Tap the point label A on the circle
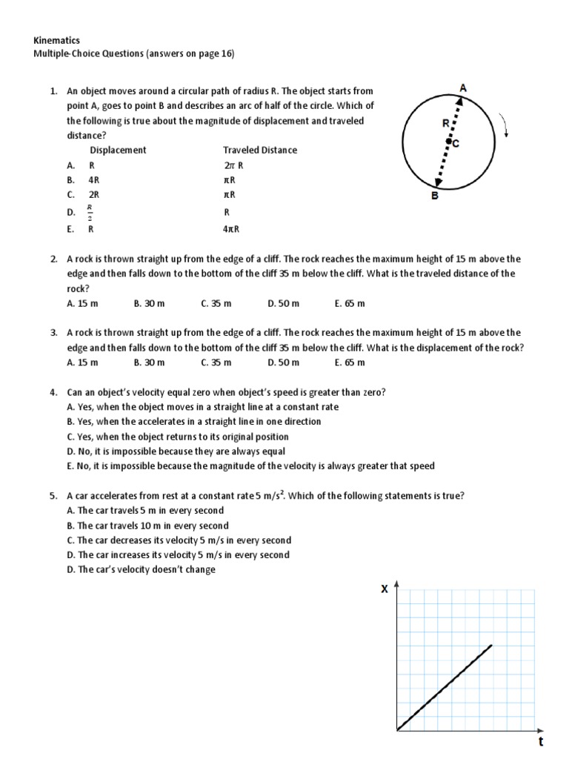pyautogui.click(x=463, y=88)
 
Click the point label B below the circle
pyautogui.click(x=435, y=196)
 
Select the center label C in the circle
pyautogui.click(x=456, y=145)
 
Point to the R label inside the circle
pyautogui.click(x=445, y=125)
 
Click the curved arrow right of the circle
pyautogui.click(x=505, y=125)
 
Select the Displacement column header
pyautogui.click(x=118, y=150)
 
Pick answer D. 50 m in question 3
pyautogui.click(x=284, y=362)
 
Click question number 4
pyautogui.click(x=54, y=391)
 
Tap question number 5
pyautogui.click(x=54, y=495)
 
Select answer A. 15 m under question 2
pyautogui.click(x=82, y=303)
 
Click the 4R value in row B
pyautogui.click(x=94, y=180)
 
